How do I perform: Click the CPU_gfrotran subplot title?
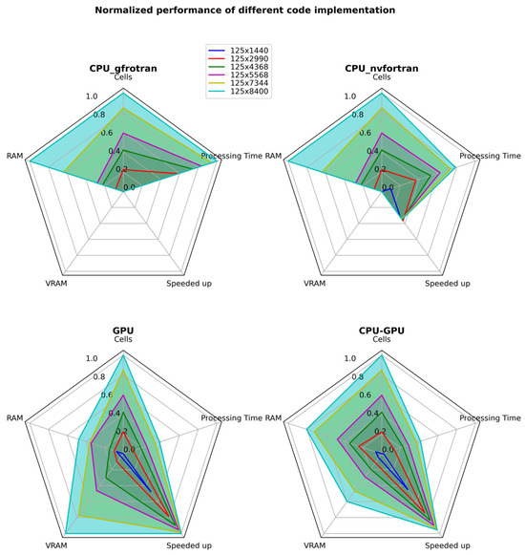point(124,67)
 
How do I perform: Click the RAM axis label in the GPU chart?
point(15,418)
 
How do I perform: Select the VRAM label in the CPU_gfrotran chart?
point(56,284)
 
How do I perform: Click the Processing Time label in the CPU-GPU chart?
point(491,418)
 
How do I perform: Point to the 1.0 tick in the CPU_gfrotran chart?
point(92,96)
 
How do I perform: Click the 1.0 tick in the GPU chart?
point(92,359)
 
